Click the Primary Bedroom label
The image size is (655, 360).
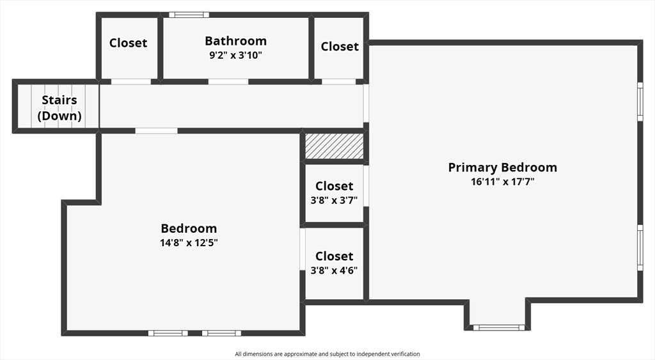pyautogui.click(x=502, y=168)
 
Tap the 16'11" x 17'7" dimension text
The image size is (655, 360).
pyautogui.click(x=502, y=182)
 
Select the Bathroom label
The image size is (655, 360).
pyautogui.click(x=235, y=41)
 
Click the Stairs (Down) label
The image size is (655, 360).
pyautogui.click(x=59, y=108)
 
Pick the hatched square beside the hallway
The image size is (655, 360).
pyautogui.click(x=334, y=146)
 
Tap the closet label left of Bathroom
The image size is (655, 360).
pyautogui.click(x=128, y=43)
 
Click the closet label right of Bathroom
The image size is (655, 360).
pyautogui.click(x=340, y=46)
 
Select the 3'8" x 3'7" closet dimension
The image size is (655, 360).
pyautogui.click(x=334, y=200)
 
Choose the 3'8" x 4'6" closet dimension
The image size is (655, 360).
pyautogui.click(x=334, y=270)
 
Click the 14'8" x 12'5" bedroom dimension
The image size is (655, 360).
pyautogui.click(x=189, y=242)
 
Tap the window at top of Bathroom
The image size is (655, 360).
pyautogui.click(x=189, y=15)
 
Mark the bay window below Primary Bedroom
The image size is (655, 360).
pyautogui.click(x=498, y=327)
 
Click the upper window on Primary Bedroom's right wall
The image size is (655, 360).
pyautogui.click(x=640, y=101)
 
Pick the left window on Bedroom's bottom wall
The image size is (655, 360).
pyautogui.click(x=168, y=333)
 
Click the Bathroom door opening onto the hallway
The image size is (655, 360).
pyautogui.click(x=228, y=82)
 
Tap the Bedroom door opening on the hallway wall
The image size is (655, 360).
pyautogui.click(x=156, y=131)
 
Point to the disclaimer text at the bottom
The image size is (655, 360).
pyautogui.click(x=327, y=354)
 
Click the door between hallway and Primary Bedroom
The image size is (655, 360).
pyautogui.click(x=367, y=103)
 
